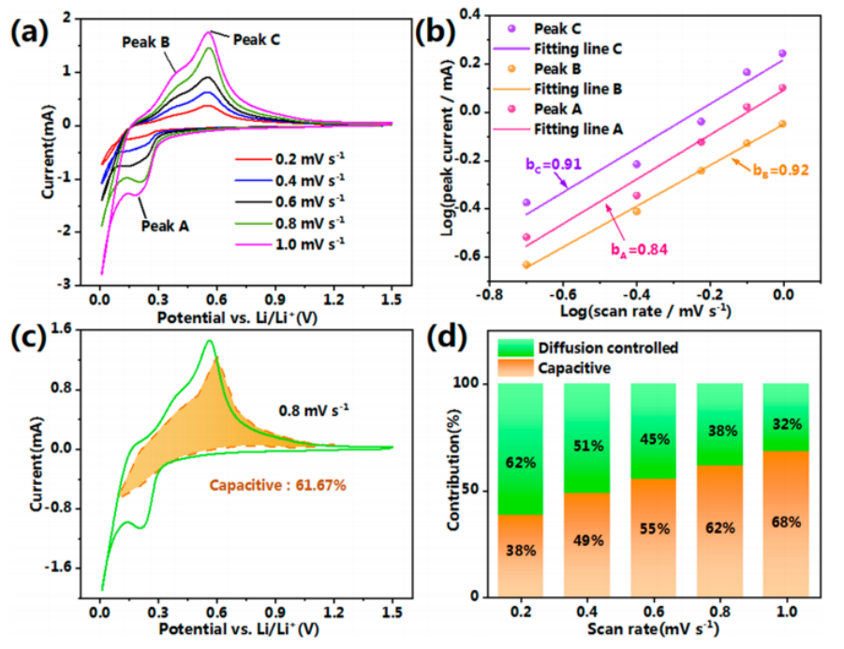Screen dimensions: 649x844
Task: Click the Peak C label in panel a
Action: click(x=256, y=39)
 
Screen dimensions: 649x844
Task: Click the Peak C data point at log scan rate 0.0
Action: click(x=782, y=53)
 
